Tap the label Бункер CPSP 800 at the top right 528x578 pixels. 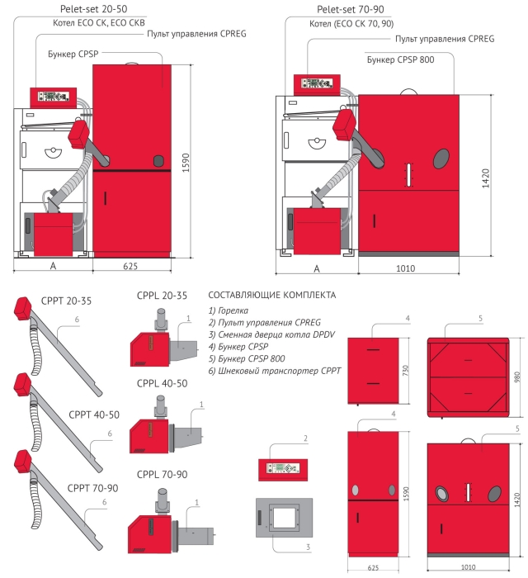[400, 59]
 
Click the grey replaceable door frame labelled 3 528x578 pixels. [282, 523]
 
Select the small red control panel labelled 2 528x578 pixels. [282, 468]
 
